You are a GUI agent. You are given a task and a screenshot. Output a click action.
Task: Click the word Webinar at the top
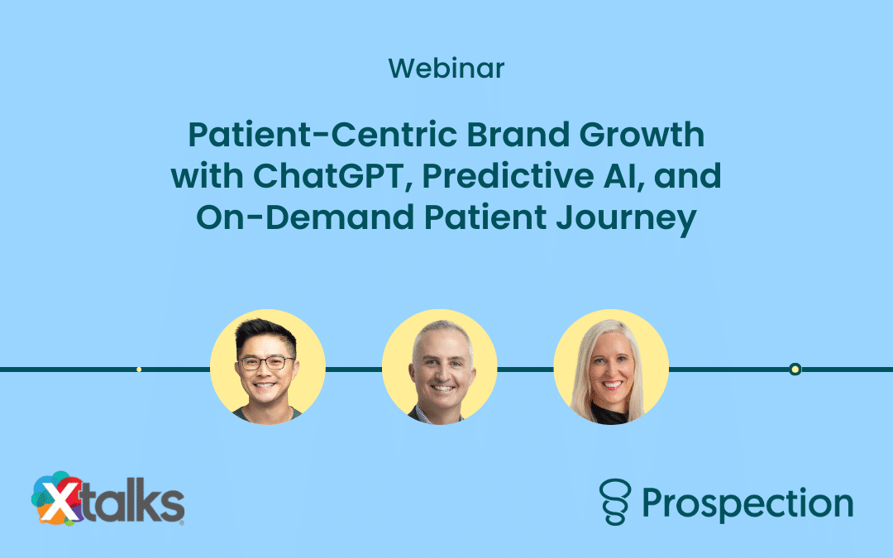446,69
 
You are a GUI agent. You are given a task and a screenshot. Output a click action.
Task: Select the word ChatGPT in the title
328,176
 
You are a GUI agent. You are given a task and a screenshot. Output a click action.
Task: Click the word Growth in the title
642,135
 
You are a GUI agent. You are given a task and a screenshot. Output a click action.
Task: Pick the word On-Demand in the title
305,217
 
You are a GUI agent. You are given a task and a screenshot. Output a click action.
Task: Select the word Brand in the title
518,135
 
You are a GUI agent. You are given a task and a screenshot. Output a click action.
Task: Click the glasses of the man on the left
266,363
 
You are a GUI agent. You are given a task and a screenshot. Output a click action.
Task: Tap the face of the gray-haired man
441,370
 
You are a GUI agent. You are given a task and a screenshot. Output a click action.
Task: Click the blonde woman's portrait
611,367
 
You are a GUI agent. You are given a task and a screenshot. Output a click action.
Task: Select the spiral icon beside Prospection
616,502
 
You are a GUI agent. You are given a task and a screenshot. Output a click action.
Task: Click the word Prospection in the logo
747,504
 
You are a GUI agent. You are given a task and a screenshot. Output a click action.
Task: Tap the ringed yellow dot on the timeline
795,370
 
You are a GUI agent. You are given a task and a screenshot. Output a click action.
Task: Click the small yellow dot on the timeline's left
139,370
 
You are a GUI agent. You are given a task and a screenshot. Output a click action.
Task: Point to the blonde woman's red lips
612,385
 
